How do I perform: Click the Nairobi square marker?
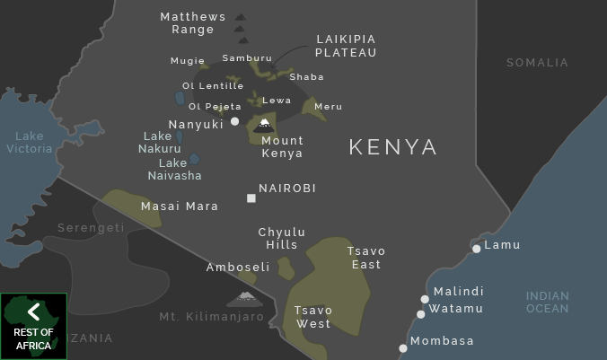click(x=251, y=198)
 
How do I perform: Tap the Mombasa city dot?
click(x=403, y=348)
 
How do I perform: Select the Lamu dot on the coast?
click(x=476, y=249)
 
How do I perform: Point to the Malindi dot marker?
click(x=425, y=299)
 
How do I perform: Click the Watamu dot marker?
click(x=420, y=314)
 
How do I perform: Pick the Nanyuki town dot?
click(x=234, y=121)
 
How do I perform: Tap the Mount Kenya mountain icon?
click(x=264, y=125)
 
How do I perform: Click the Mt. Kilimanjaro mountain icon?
click(x=244, y=297)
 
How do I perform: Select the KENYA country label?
click(x=393, y=147)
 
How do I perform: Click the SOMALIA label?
click(x=537, y=63)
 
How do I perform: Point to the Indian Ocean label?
click(x=548, y=302)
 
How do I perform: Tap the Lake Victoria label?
click(x=30, y=143)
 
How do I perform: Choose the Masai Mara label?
click(x=180, y=206)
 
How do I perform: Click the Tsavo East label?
click(x=366, y=258)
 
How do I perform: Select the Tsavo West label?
click(x=313, y=317)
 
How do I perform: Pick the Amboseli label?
click(x=238, y=268)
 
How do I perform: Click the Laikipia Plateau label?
click(x=346, y=46)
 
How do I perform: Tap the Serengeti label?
click(x=91, y=228)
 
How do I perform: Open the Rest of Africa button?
click(x=34, y=326)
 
